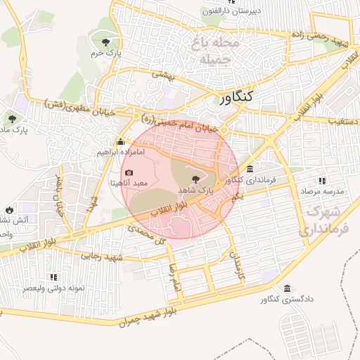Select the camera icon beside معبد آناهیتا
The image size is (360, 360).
129,173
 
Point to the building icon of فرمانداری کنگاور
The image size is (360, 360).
251,169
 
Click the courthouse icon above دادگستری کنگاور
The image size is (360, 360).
287,288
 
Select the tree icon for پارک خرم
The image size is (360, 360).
106,42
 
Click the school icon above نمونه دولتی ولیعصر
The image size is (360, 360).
53,277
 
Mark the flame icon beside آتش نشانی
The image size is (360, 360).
9,210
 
